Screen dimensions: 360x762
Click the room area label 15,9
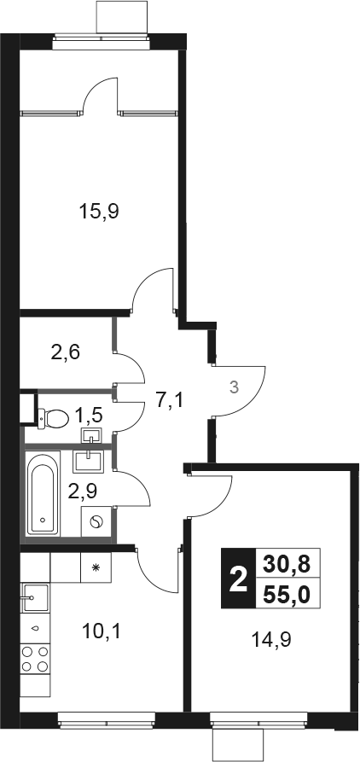pyautogui.click(x=99, y=212)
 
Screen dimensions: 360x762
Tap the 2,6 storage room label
pyautogui.click(x=66, y=352)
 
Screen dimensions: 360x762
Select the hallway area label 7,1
pyautogui.click(x=170, y=401)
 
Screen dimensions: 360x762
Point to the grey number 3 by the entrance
pyautogui.click(x=234, y=387)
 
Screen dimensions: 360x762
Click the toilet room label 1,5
pyautogui.click(x=89, y=416)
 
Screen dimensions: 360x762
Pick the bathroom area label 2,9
pyautogui.click(x=83, y=491)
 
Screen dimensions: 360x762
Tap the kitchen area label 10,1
pyautogui.click(x=102, y=631)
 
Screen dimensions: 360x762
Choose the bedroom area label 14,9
pyautogui.click(x=271, y=639)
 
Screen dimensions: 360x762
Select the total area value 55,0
pyautogui.click(x=286, y=594)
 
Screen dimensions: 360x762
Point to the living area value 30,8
pyautogui.click(x=286, y=564)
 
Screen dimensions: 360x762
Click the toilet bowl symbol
pyautogui.click(x=54, y=418)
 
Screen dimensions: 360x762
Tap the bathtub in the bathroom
pyautogui.click(x=43, y=494)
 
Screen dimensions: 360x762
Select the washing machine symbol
pyautogui.click(x=96, y=521)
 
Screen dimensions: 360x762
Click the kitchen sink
pyautogui.click(x=34, y=598)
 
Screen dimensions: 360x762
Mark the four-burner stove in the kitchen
pyautogui.click(x=35, y=659)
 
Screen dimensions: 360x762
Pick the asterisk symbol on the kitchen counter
pyautogui.click(x=96, y=567)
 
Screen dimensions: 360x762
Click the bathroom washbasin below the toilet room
pyautogui.click(x=89, y=462)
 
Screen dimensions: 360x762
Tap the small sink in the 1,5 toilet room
pyautogui.click(x=92, y=435)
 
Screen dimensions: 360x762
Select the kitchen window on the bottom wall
pyautogui.click(x=107, y=720)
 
